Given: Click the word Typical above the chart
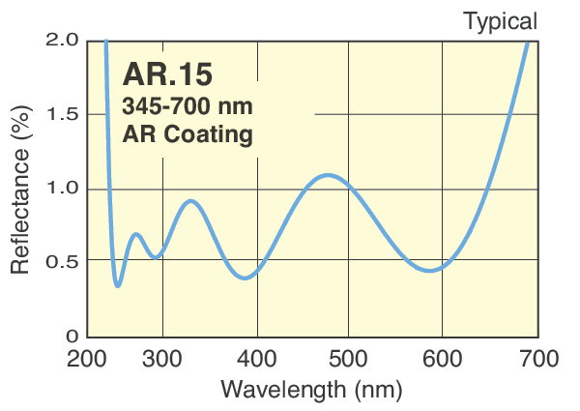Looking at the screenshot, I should point(500,20).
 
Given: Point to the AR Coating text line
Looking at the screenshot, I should point(188,133).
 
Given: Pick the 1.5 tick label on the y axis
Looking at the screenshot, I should point(61,115).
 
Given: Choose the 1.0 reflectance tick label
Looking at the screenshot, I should point(61,189).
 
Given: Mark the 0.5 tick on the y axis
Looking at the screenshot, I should point(61,261).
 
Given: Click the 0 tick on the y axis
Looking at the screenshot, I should point(71,336).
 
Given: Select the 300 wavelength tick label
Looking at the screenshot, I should point(163,360).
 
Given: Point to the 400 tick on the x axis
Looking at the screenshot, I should point(257,360).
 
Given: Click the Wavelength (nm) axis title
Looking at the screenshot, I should point(311,390).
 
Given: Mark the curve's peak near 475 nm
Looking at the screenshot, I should point(329,175).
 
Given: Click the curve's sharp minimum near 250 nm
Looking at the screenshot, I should point(118,285).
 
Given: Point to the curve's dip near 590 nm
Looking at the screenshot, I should point(431,271).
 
